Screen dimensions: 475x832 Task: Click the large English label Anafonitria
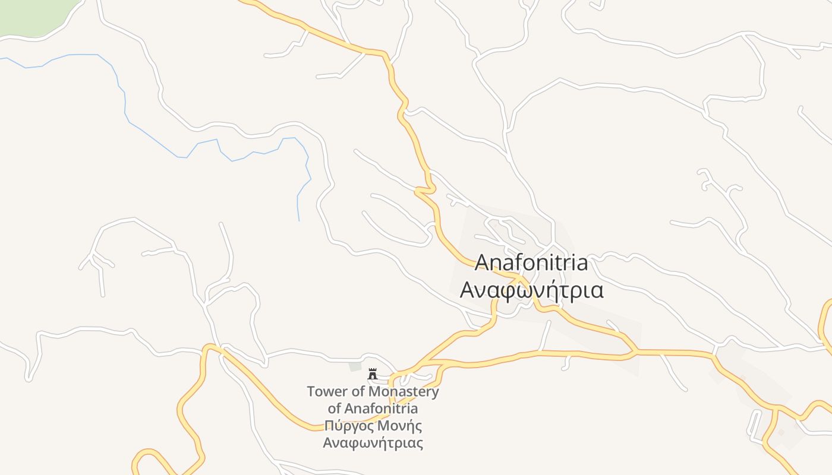coord(532,262)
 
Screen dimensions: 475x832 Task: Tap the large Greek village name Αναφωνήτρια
coord(532,291)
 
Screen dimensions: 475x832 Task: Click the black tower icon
coord(373,374)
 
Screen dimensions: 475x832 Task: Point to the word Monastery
coord(404,392)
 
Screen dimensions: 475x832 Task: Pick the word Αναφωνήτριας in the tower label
coord(373,443)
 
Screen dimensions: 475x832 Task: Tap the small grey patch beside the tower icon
coord(355,366)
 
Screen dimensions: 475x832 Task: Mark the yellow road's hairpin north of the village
coord(426,190)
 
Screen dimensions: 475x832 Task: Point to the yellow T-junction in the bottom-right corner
coord(776,409)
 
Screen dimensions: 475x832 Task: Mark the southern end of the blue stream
coord(298,220)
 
